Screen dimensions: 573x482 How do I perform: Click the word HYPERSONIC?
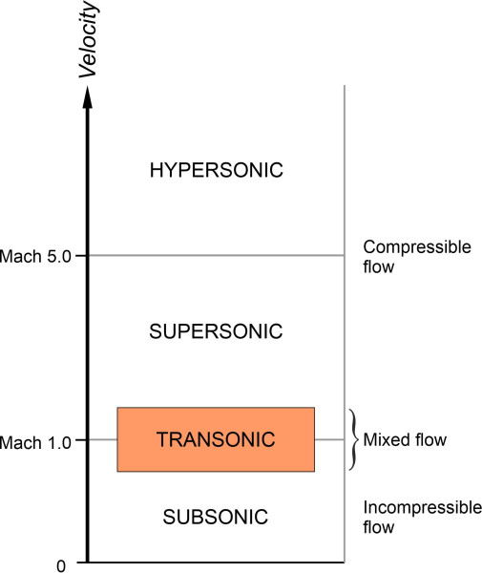point(217,171)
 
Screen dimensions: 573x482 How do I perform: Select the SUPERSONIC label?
point(217,332)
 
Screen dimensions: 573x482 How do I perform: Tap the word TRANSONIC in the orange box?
point(216,439)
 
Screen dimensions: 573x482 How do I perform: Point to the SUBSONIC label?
point(217,518)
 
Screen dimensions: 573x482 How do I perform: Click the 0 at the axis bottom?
point(60,565)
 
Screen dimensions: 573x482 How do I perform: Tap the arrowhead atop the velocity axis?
point(87,94)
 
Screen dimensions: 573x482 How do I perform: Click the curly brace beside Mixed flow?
point(351,440)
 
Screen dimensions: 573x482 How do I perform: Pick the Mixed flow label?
point(405,440)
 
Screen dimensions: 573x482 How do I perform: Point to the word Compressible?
point(417,247)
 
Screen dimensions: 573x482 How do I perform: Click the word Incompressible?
point(423,508)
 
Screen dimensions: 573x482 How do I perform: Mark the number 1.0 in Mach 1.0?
point(61,440)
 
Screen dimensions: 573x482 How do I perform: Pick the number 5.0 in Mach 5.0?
point(61,256)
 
